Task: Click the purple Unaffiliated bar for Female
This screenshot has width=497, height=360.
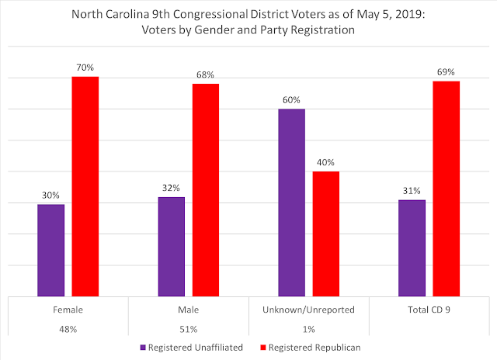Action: point(51,249)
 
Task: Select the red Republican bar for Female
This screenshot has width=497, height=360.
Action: point(85,186)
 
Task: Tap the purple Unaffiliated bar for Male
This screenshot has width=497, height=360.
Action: point(171,246)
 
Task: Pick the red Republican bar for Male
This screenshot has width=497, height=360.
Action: point(206,189)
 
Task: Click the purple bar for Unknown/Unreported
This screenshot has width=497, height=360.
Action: point(291,202)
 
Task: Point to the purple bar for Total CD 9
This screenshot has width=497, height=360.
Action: point(412,247)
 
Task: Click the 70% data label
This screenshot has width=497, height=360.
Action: point(85,68)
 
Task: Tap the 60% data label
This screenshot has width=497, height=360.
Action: point(291,100)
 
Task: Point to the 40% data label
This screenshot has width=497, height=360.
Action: point(326,162)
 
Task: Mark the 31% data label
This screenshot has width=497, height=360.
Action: point(412,191)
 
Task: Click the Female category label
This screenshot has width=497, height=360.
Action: point(68,309)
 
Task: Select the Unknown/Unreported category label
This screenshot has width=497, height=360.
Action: point(308,309)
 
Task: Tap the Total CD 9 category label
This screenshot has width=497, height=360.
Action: point(429,309)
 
